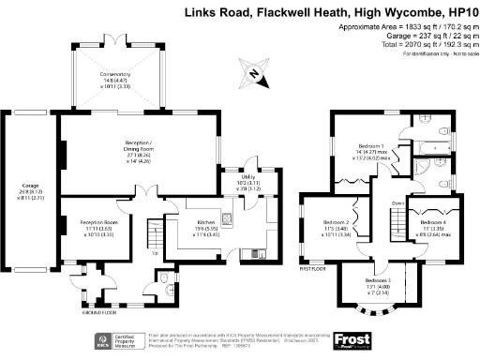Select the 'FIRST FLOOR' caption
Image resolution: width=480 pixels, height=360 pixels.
[x=313, y=267]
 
